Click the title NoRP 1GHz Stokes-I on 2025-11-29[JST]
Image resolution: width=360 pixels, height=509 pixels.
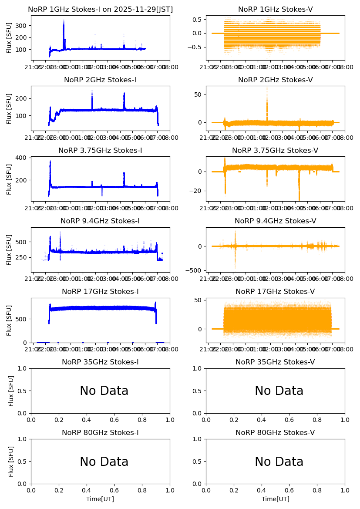100,10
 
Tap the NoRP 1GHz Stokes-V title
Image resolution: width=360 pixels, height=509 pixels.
275,10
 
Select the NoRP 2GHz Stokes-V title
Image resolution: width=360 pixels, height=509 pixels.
275,80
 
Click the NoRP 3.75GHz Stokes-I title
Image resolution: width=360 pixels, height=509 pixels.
100,151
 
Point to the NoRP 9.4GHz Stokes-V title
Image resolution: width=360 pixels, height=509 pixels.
275,221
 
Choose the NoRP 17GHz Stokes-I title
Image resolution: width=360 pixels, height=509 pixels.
100,292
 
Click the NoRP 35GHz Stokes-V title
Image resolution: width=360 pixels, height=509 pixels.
275,362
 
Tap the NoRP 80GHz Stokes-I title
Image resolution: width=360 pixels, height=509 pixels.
100,433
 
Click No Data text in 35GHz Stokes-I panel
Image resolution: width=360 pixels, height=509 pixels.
104,391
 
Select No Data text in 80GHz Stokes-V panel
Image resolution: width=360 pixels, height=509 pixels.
279,462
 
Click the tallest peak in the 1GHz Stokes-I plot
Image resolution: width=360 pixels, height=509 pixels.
64,20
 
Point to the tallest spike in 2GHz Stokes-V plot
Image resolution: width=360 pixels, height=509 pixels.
267,88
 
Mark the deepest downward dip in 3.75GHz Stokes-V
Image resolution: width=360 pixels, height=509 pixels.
299,199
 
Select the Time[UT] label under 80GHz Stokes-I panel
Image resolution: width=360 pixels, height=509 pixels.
100,499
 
